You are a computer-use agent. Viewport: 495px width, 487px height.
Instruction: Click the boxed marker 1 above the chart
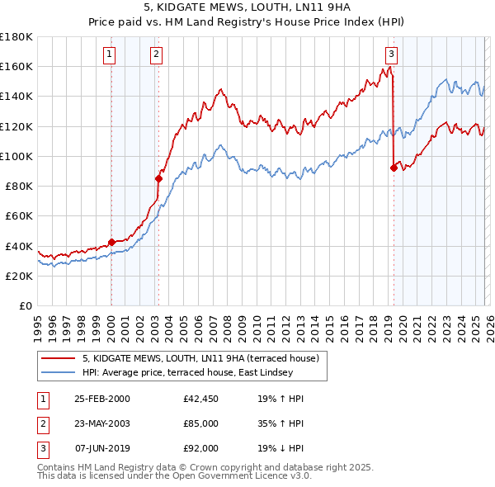click(110, 55)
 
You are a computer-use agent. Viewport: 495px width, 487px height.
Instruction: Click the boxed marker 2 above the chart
click(156, 55)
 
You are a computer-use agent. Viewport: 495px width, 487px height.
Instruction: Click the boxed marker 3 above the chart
click(391, 55)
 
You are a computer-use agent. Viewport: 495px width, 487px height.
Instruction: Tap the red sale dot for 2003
click(158, 177)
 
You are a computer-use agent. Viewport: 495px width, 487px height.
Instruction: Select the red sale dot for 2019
click(394, 168)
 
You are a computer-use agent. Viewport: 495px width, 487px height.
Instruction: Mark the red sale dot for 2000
click(111, 242)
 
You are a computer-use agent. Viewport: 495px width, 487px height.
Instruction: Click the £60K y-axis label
click(20, 215)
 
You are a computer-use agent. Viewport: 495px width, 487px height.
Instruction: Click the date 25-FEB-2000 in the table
click(101, 399)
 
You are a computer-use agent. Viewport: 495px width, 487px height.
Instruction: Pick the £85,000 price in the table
click(201, 423)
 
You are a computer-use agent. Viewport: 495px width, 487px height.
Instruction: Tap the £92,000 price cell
click(201, 448)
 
